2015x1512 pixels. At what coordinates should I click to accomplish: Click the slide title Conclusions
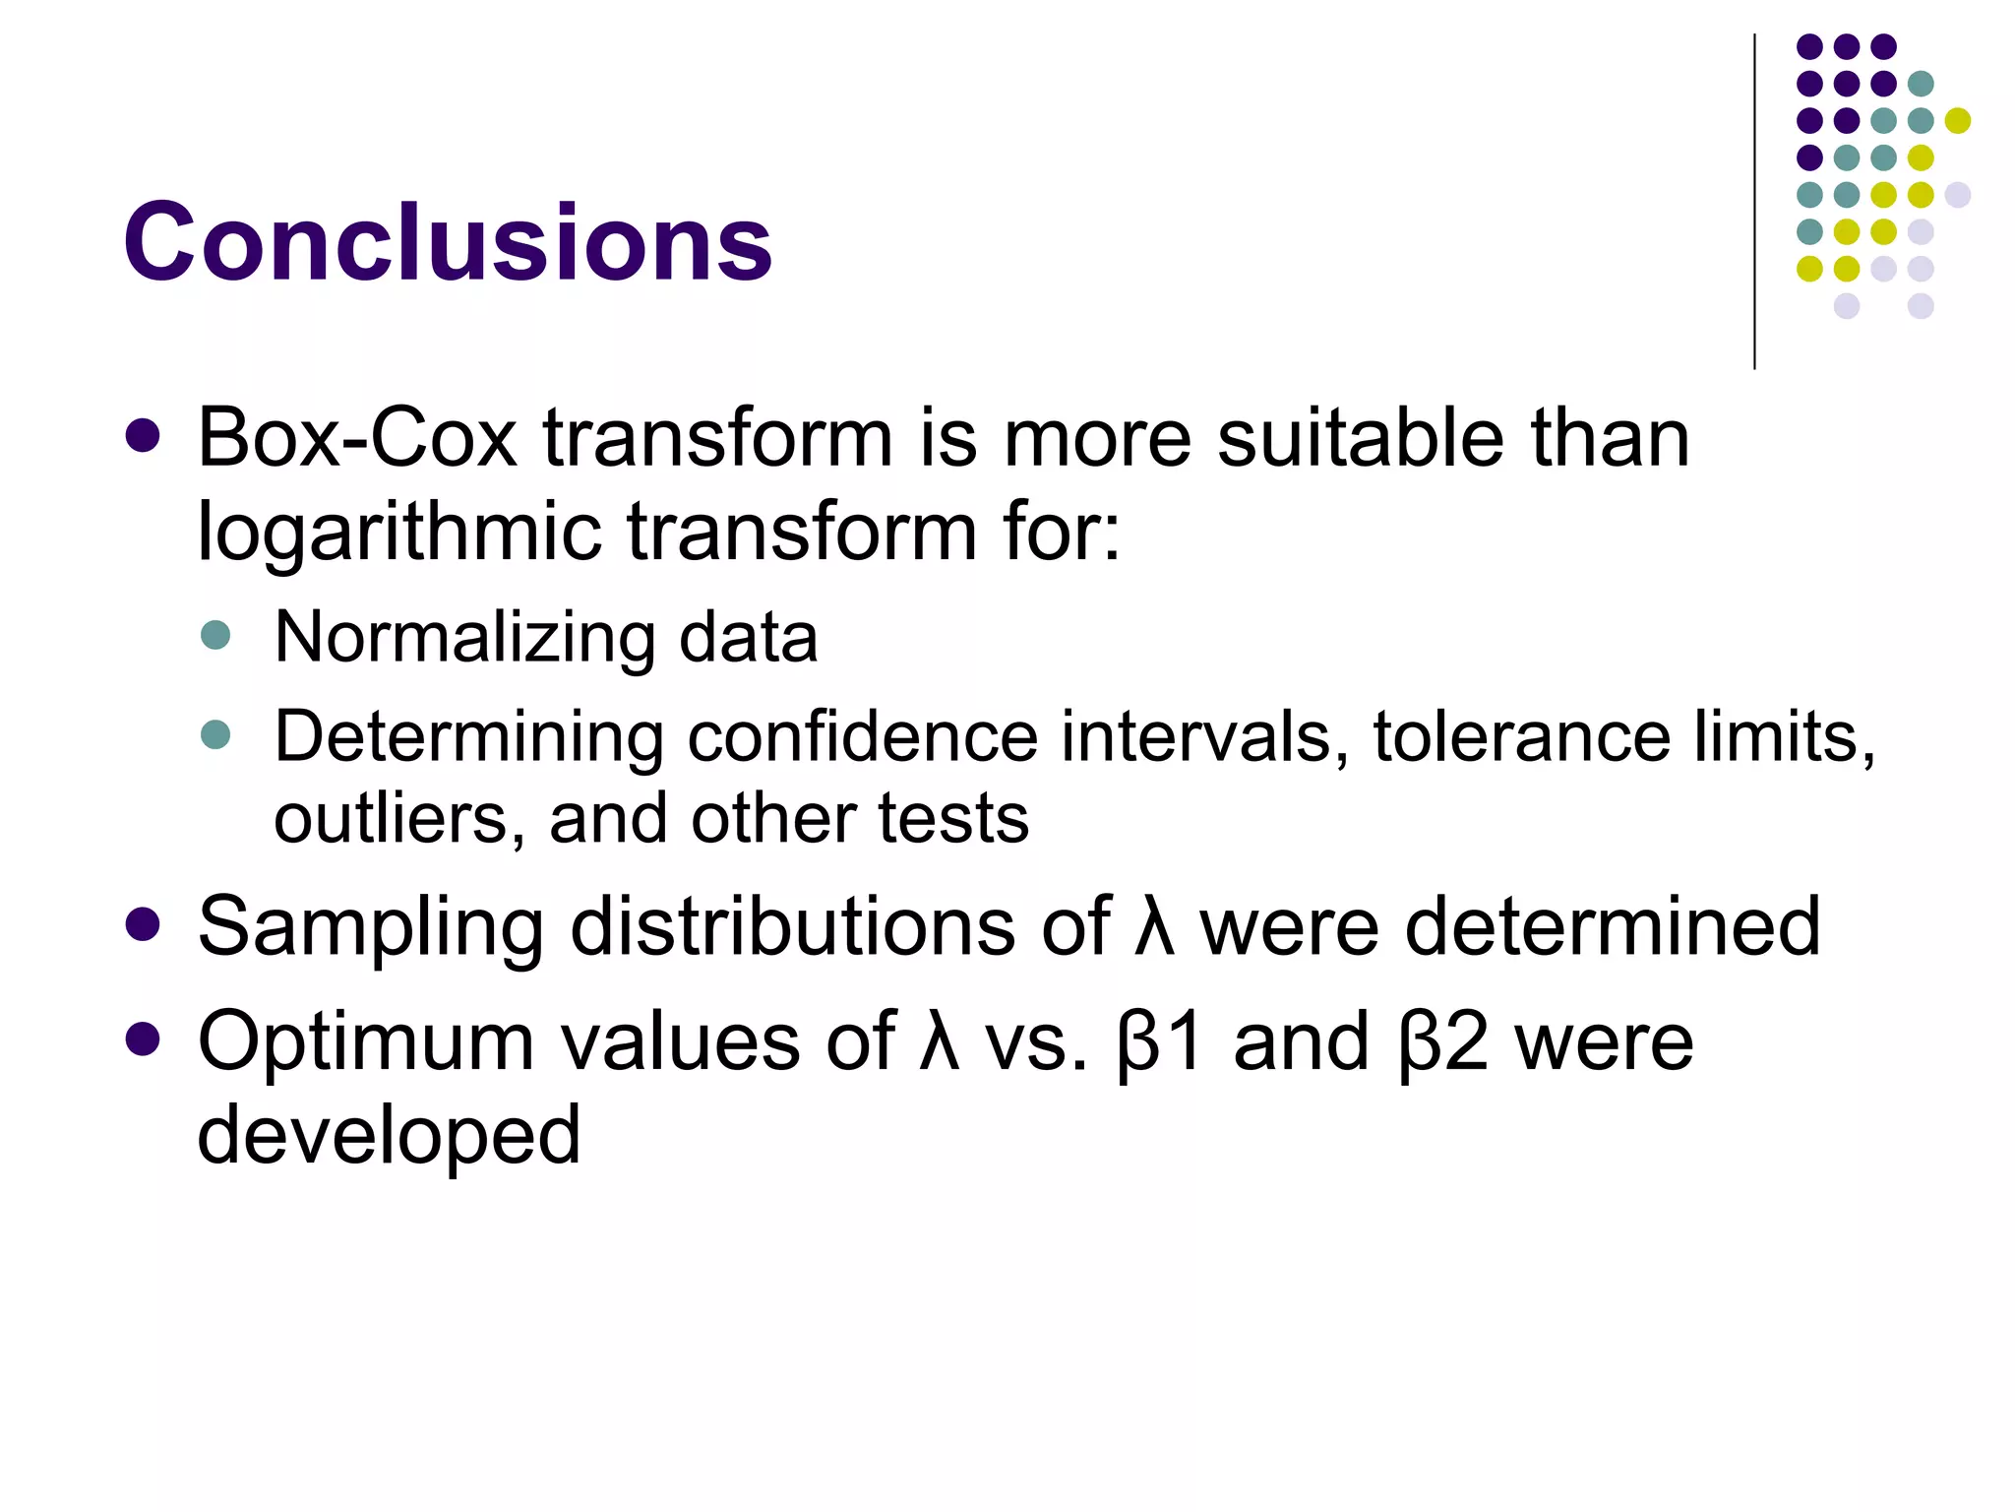pos(448,242)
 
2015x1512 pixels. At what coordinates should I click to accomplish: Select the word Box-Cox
pos(356,438)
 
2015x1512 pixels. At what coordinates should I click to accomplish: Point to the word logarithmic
pos(398,532)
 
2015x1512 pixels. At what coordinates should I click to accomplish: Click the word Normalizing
pos(463,638)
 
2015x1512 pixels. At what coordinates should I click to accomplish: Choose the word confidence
pos(862,737)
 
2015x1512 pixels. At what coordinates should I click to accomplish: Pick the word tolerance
pos(1521,737)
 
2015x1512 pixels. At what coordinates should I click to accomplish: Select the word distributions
pos(792,927)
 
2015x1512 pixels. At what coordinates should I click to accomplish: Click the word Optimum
pos(365,1041)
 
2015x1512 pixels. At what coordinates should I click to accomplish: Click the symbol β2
pos(1442,1041)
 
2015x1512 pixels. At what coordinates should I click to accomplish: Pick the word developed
pos(389,1135)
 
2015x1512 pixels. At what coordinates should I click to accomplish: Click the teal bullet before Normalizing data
pos(214,635)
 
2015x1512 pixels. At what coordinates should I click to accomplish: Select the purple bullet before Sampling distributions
pos(144,924)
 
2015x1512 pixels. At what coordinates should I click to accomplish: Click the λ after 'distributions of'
pos(1154,927)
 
